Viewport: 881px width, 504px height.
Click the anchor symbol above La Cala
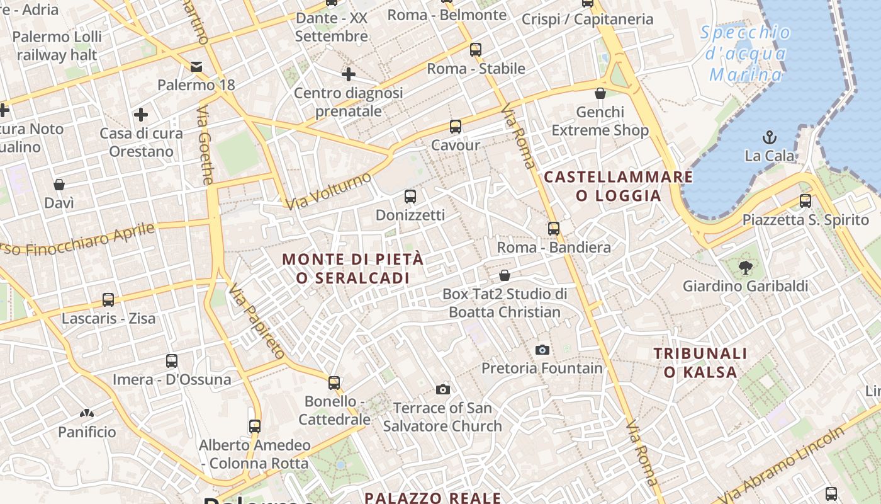[769, 137]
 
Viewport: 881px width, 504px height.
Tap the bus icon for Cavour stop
[456, 127]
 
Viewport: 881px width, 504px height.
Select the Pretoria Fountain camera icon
[542, 350]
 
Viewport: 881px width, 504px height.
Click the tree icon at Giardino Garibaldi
[746, 267]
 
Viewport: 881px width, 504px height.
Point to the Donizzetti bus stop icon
[410, 197]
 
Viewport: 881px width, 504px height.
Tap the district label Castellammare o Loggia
[619, 186]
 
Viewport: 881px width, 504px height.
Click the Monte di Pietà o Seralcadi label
[353, 268]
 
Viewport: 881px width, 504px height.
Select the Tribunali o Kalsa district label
[700, 362]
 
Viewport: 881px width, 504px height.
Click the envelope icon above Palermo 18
[196, 66]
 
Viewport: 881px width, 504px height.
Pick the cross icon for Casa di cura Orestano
[141, 115]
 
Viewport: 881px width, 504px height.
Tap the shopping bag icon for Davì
[59, 185]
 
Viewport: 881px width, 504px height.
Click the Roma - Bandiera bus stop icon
[554, 229]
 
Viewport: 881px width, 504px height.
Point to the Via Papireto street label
[257, 321]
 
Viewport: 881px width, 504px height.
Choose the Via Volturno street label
[328, 190]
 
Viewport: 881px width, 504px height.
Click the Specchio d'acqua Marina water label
[746, 54]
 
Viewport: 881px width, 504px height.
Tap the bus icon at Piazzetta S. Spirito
[805, 201]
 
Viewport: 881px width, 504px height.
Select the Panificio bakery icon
[87, 413]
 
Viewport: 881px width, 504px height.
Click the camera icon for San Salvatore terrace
[443, 389]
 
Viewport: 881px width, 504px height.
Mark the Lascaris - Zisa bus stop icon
[108, 300]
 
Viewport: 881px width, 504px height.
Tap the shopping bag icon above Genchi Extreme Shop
[600, 94]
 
